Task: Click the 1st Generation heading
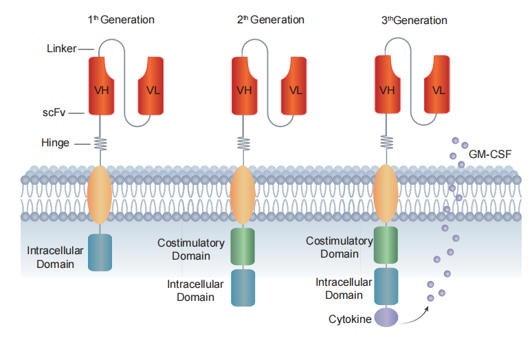tap(121, 20)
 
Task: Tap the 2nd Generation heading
tap(270, 20)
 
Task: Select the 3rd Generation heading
tap(414, 21)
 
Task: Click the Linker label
tap(61, 49)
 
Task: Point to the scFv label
tap(54, 113)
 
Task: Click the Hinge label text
tap(55, 143)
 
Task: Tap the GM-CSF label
tap(490, 155)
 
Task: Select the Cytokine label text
tap(350, 319)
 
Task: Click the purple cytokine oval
tap(386, 317)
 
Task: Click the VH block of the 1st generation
tap(101, 86)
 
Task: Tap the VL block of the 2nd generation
tap(294, 86)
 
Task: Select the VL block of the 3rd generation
tap(437, 84)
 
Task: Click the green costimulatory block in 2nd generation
tap(243, 247)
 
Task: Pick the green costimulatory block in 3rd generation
tap(386, 245)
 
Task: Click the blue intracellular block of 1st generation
tap(100, 253)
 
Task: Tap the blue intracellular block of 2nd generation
tap(243, 288)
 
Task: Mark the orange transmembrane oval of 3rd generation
tap(386, 194)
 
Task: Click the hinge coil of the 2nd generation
tap(243, 144)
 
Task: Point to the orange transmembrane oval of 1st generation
tap(100, 194)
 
